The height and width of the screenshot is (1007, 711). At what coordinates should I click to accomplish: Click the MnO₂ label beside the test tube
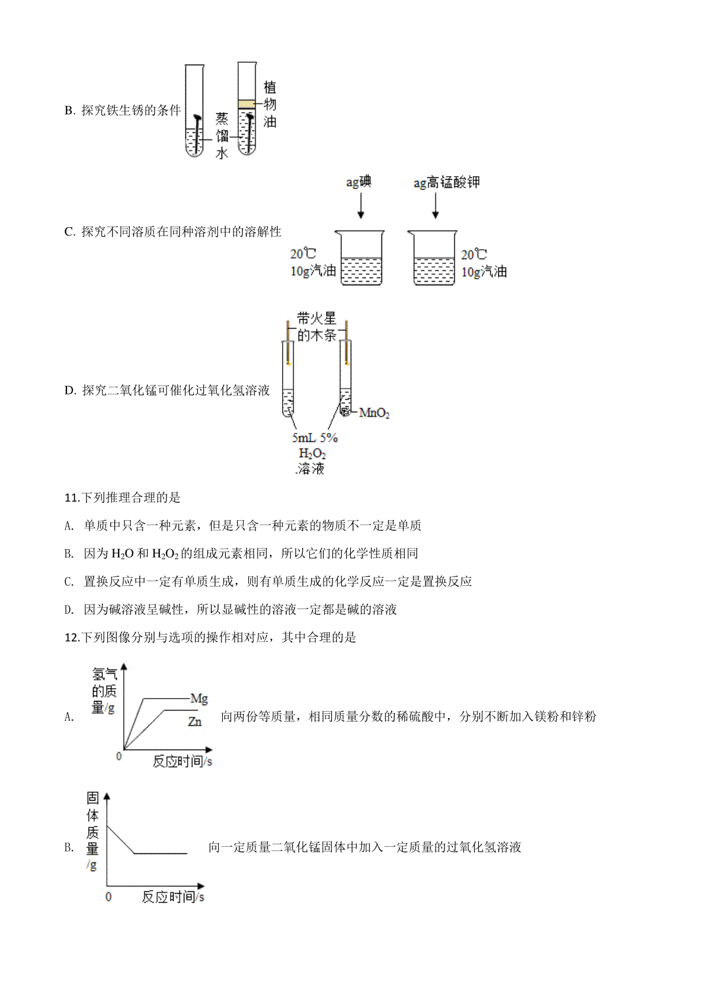[374, 413]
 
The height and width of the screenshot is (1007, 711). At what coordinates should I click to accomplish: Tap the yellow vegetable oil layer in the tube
[246, 104]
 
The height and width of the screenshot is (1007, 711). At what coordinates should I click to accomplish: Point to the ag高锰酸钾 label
[447, 182]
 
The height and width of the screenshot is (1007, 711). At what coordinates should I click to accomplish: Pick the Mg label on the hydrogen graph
[199, 699]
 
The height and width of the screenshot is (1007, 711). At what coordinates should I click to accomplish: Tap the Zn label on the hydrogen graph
[194, 722]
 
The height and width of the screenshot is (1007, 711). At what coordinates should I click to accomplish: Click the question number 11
[72, 498]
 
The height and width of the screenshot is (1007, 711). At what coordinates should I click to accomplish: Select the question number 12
[72, 638]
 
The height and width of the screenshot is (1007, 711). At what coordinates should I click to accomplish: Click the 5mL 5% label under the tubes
[315, 438]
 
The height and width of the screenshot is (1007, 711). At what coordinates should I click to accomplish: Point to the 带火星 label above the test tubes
[316, 318]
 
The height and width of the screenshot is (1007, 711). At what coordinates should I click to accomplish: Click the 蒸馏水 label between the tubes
[222, 136]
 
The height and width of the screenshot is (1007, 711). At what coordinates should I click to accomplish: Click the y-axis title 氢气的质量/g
[104, 691]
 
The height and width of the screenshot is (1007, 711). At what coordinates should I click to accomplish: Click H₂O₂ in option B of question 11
[165, 554]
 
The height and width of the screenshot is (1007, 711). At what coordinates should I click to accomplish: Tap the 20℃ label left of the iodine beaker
[303, 254]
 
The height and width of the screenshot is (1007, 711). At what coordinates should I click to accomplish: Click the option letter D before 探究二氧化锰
[71, 390]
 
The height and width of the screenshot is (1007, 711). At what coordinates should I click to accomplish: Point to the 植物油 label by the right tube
[270, 104]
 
